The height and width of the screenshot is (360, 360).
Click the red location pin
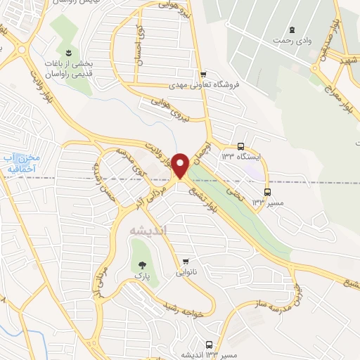(181, 165)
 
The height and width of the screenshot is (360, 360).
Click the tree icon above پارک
(143, 266)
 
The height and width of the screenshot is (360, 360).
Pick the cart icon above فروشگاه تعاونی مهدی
(203, 74)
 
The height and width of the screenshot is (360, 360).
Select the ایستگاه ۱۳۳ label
(241, 157)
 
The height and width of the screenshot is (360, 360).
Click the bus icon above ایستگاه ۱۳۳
(241, 146)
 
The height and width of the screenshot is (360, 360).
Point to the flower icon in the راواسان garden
(69, 53)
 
